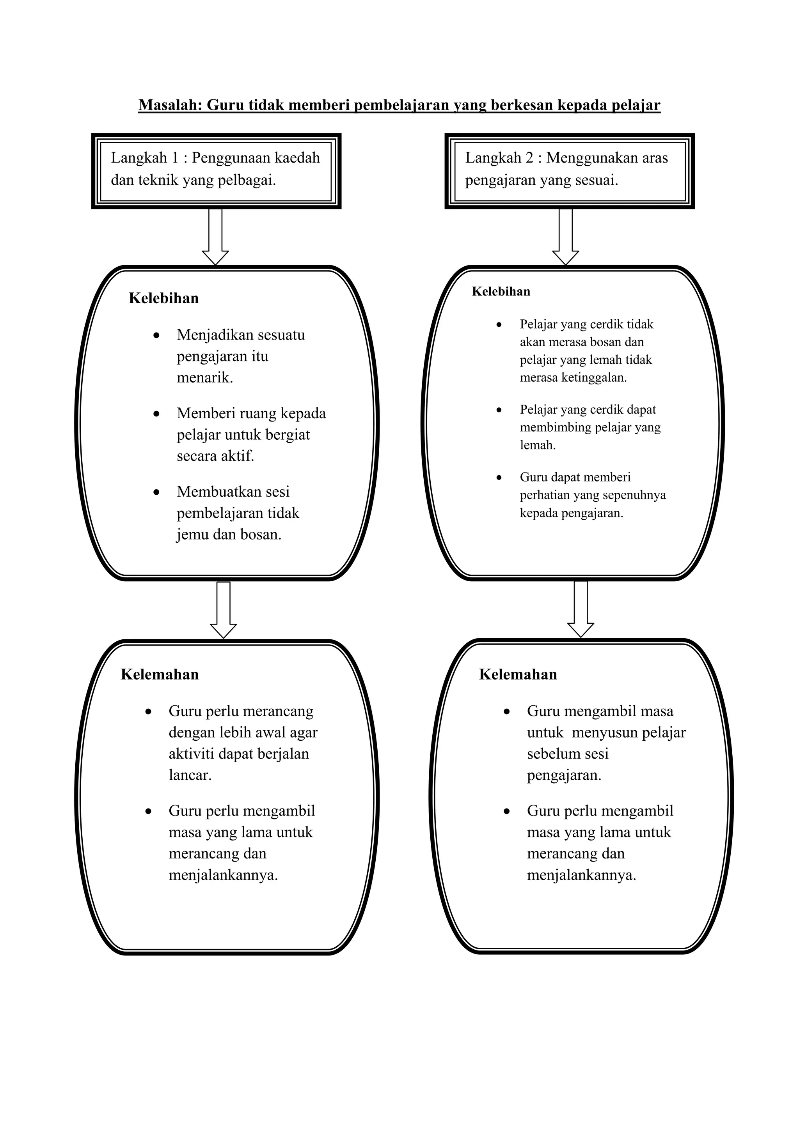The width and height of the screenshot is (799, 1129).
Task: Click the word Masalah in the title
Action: (x=170, y=105)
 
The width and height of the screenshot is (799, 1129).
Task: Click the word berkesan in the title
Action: (x=522, y=105)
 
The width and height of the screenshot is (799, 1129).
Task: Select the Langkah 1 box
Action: (x=216, y=171)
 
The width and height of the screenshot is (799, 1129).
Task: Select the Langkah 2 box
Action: (x=569, y=171)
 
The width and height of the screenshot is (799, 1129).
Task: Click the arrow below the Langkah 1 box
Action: (x=215, y=237)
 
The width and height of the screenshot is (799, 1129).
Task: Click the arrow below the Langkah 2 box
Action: (x=565, y=237)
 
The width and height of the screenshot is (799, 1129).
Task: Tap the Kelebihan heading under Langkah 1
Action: (x=163, y=298)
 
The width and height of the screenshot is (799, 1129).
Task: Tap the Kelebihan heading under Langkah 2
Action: (x=501, y=292)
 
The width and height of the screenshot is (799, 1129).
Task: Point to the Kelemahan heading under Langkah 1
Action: (x=160, y=674)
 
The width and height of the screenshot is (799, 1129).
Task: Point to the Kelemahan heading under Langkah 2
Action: (x=518, y=674)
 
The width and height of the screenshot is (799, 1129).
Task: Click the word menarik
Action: (x=205, y=378)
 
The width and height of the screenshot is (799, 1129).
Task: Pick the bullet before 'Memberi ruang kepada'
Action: (x=156, y=414)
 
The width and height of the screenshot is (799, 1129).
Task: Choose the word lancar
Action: (x=190, y=775)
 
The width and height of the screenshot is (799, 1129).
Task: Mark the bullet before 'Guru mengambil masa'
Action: (x=507, y=712)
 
